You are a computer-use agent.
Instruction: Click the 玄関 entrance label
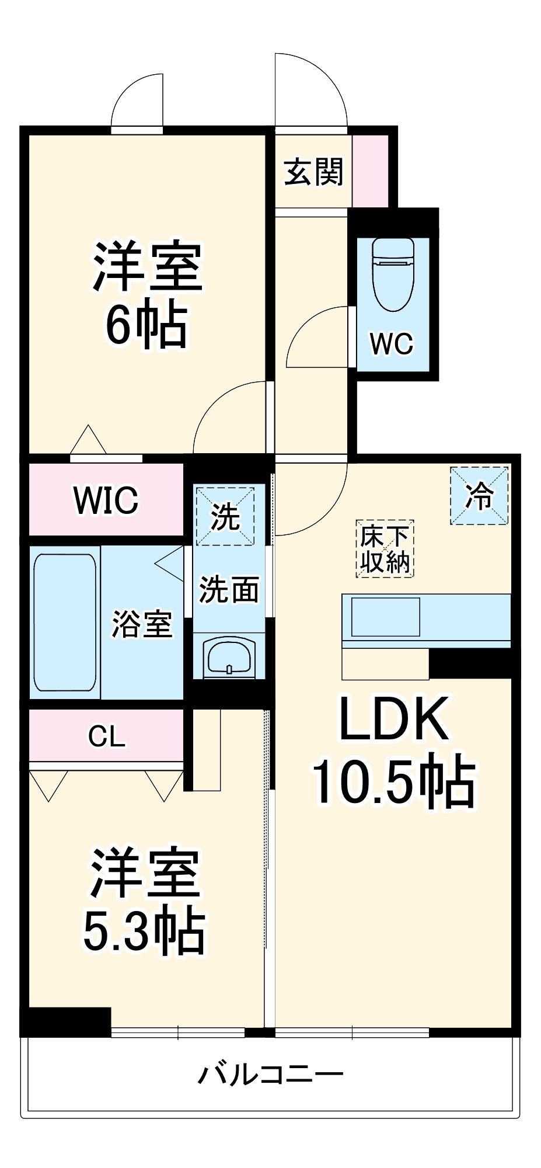pos(313,172)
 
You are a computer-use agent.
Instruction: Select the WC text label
pos(392,343)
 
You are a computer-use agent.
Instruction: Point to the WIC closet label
pos(106,500)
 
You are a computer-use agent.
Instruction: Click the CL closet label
pos(107,736)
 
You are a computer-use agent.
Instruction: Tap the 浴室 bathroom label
pos(142,624)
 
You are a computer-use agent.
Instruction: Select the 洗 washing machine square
pos(225,516)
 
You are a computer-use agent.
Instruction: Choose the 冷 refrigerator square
pos(479,496)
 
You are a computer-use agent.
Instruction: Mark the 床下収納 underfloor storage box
pos(385,549)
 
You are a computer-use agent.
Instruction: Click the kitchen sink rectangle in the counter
pos(385,617)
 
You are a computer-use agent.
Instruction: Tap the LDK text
pos(394,719)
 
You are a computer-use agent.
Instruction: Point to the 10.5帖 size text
pos(394,780)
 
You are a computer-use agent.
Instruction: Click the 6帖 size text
pos(146,325)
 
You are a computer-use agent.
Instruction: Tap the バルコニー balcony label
pos(270,1073)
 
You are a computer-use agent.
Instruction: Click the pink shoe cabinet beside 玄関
pos(370,171)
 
